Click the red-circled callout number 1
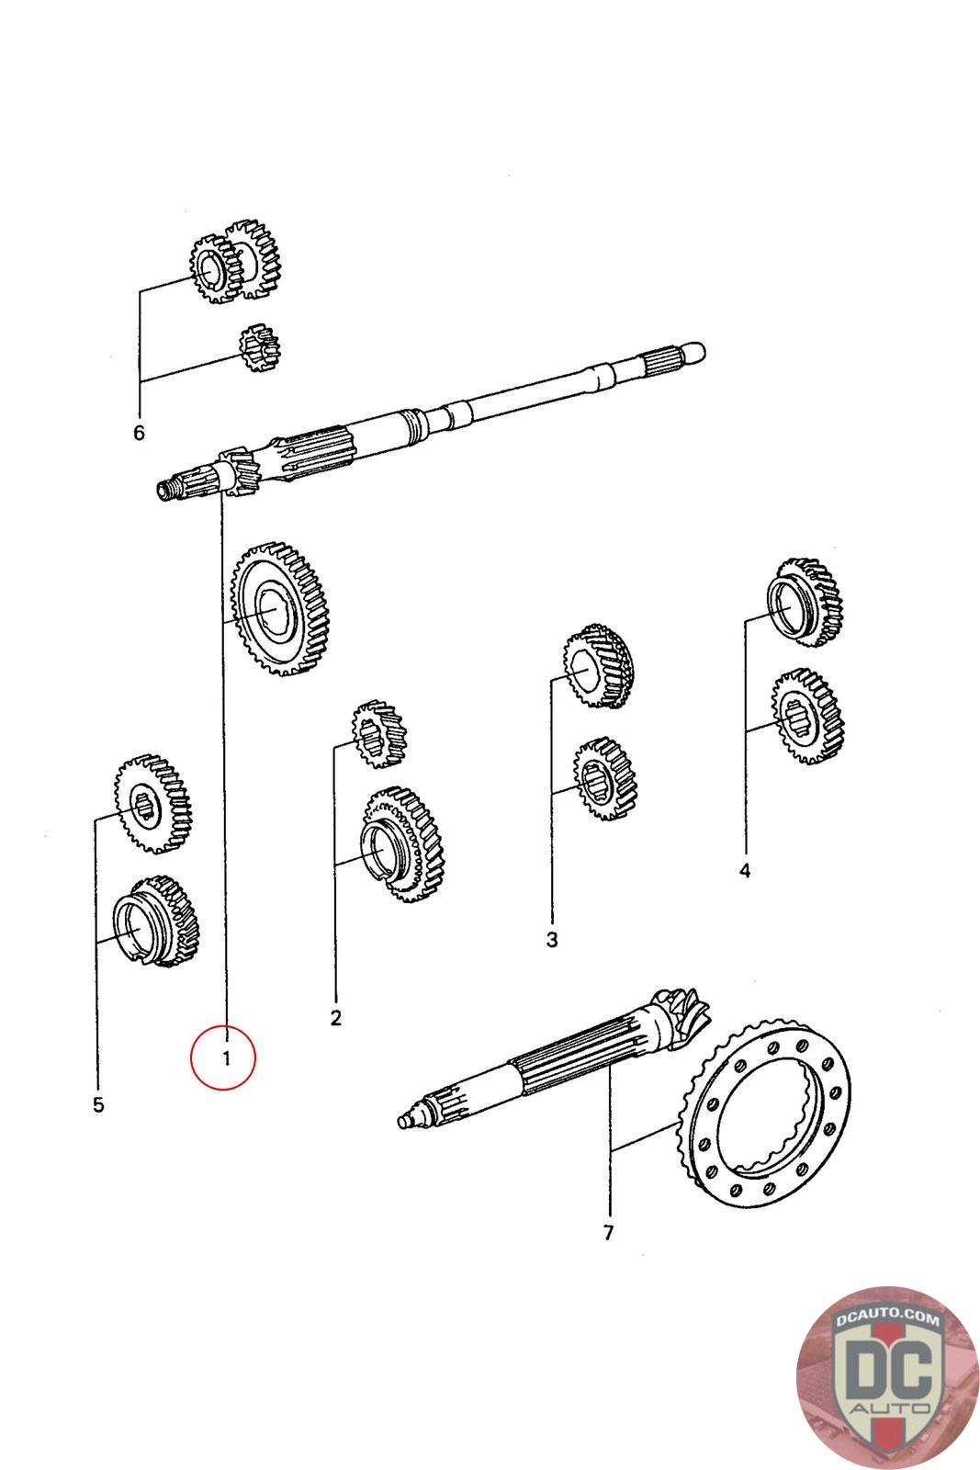click(x=224, y=1057)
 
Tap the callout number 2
click(x=336, y=1017)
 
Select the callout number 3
click(x=551, y=940)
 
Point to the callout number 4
click(x=744, y=870)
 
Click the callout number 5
click(x=98, y=1104)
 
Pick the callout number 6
click(x=140, y=432)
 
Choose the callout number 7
click(x=609, y=1233)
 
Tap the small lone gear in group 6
click(x=258, y=349)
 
